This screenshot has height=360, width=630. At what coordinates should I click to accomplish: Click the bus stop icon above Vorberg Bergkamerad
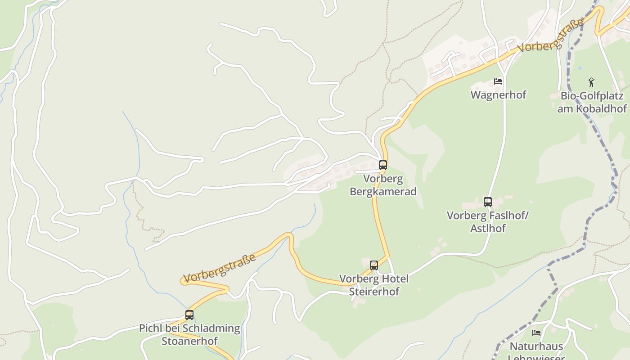click(x=383, y=165)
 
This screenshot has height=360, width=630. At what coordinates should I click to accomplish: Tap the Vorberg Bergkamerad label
click(x=383, y=185)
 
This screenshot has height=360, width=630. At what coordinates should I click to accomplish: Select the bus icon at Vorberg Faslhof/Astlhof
click(x=488, y=202)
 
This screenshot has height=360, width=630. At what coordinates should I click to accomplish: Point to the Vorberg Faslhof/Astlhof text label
click(x=488, y=222)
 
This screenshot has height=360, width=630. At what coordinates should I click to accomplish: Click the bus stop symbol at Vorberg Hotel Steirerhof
click(x=374, y=265)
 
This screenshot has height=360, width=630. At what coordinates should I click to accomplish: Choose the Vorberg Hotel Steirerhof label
click(x=374, y=285)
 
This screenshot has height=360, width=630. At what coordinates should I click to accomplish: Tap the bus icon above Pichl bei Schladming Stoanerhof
click(x=189, y=315)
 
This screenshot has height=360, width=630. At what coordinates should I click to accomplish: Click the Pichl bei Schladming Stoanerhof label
click(x=189, y=334)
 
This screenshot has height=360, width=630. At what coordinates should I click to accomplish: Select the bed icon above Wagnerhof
click(x=498, y=81)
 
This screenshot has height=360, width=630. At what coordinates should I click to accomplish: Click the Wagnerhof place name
click(x=498, y=95)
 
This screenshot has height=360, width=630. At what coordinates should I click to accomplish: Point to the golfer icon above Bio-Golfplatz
click(x=592, y=82)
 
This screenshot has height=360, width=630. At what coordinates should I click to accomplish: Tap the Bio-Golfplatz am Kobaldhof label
click(x=592, y=102)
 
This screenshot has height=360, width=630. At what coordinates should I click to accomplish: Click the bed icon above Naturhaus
click(x=536, y=333)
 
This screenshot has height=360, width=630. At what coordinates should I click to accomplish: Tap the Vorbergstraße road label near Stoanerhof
click(x=220, y=268)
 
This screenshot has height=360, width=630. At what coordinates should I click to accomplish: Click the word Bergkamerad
click(x=383, y=191)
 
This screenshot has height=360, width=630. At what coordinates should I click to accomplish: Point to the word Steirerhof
click(x=374, y=291)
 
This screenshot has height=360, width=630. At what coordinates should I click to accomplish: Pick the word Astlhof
click(x=488, y=228)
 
